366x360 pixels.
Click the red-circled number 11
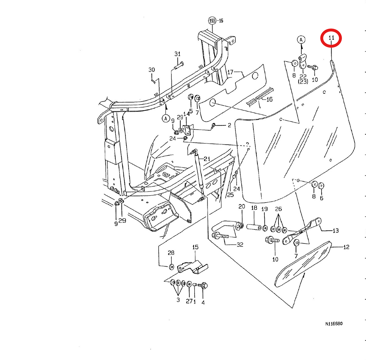(x=331, y=38)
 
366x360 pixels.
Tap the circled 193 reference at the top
(x=212, y=21)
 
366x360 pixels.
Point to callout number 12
(x=346, y=247)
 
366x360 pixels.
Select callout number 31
(x=177, y=54)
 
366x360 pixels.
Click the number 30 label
(x=152, y=70)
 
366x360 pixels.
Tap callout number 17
(x=230, y=72)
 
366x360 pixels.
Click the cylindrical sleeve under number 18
(x=254, y=227)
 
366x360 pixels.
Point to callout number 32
(x=240, y=244)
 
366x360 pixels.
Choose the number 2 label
(x=229, y=125)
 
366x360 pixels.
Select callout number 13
(x=335, y=231)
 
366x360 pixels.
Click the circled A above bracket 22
(x=301, y=40)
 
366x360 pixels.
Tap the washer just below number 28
(x=171, y=267)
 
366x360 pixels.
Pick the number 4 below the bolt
(x=203, y=303)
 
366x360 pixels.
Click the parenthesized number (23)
(x=303, y=81)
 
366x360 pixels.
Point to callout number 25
(x=230, y=195)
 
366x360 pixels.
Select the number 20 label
(x=242, y=207)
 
